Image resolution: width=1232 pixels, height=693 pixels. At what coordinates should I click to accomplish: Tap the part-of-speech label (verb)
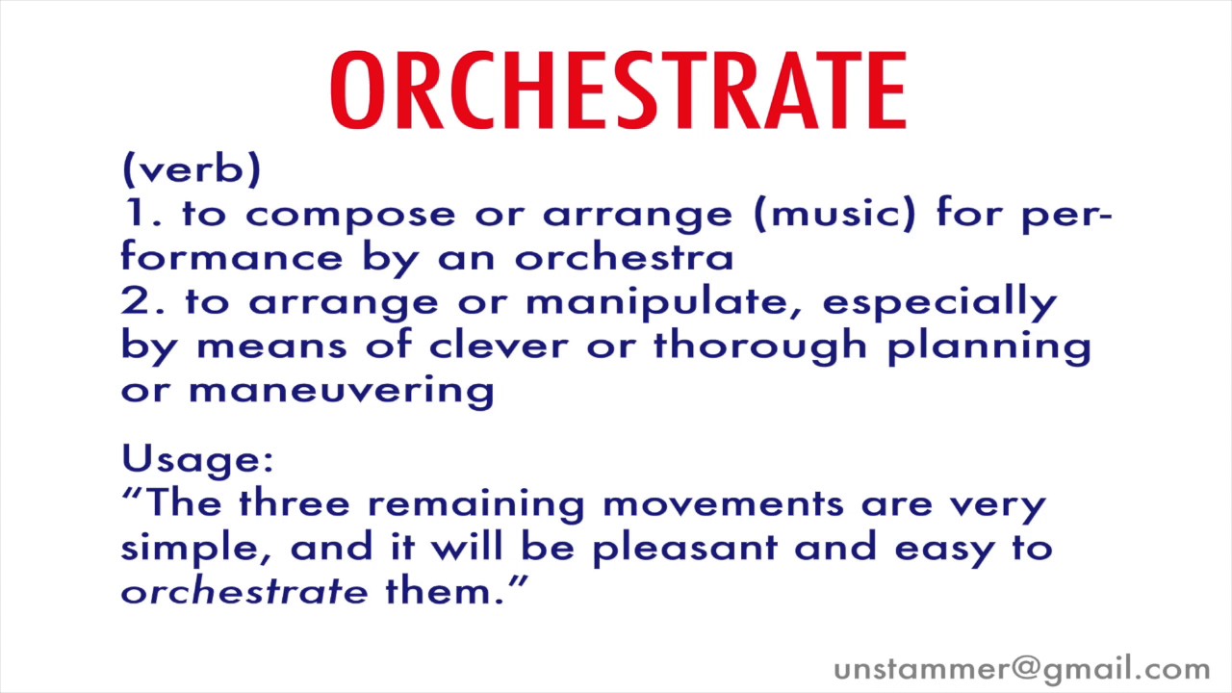(192, 169)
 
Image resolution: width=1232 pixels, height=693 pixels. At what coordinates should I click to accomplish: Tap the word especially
(939, 302)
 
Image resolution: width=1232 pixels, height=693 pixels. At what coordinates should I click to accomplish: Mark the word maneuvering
(341, 391)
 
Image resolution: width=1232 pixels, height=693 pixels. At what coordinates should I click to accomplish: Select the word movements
(723, 503)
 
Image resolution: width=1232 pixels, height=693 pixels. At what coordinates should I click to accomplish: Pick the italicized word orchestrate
(244, 590)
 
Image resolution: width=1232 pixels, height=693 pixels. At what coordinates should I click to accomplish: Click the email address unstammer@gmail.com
(1021, 669)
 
